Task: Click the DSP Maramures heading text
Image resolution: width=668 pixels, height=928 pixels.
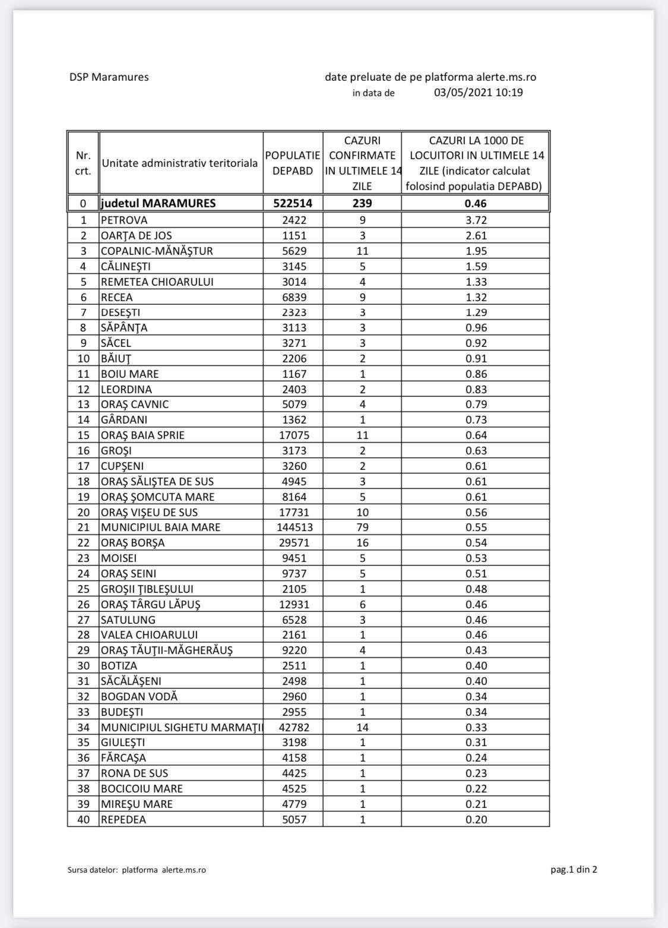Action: [109, 77]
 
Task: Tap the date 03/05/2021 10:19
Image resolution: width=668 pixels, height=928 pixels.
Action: [478, 93]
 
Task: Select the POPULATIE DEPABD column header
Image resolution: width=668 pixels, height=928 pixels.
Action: [293, 163]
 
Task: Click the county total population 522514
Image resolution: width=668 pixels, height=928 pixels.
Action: [293, 203]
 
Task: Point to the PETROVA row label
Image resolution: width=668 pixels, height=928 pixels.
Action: [124, 220]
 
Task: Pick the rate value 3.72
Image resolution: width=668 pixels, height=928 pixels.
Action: [476, 220]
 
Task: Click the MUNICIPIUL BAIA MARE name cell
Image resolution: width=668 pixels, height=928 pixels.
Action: [160, 528]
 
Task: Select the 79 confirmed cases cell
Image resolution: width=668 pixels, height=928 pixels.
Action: [362, 528]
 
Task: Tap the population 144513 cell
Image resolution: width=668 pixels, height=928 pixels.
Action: [293, 528]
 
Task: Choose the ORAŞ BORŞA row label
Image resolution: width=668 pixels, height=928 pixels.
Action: [132, 543]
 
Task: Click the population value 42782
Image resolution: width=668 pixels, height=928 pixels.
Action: [293, 727]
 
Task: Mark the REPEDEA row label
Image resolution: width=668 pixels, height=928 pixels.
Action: [123, 819]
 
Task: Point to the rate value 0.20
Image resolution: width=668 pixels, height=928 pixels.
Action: [476, 819]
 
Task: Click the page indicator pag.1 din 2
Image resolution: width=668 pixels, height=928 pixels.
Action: [574, 870]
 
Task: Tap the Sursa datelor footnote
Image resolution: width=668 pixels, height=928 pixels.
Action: [137, 870]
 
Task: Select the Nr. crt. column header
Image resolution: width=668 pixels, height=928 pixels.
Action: [83, 163]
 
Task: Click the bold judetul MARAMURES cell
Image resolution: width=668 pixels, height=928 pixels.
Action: [159, 203]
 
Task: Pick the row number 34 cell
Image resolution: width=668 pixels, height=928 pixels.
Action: [83, 727]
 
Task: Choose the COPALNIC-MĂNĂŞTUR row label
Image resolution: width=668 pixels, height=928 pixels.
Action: [156, 251]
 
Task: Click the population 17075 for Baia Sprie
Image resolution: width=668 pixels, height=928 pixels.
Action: [293, 435]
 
